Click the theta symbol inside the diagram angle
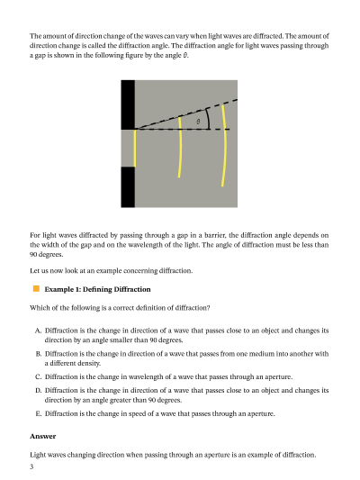tap(198, 122)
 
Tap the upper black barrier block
tap(128, 104)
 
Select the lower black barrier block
tap(128, 187)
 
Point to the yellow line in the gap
tap(135, 149)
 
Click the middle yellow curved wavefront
tap(180, 147)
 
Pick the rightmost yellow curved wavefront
tap(225, 145)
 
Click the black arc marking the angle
tap(208, 119)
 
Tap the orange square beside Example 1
tap(36, 289)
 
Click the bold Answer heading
tap(43, 436)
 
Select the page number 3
tap(31, 466)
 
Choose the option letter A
tap(38, 331)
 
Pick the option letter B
tap(38, 354)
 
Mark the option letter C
tap(38, 376)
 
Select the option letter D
tap(38, 390)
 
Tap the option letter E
tap(38, 413)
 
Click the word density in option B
tap(91, 363)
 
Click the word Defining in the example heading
tap(97, 290)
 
